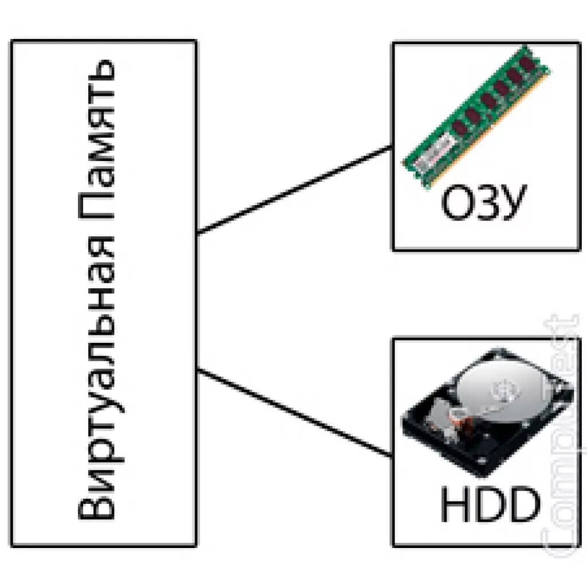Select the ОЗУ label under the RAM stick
483,204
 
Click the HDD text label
490,504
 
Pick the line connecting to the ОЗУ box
295,190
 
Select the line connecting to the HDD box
295,413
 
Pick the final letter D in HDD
524,504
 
